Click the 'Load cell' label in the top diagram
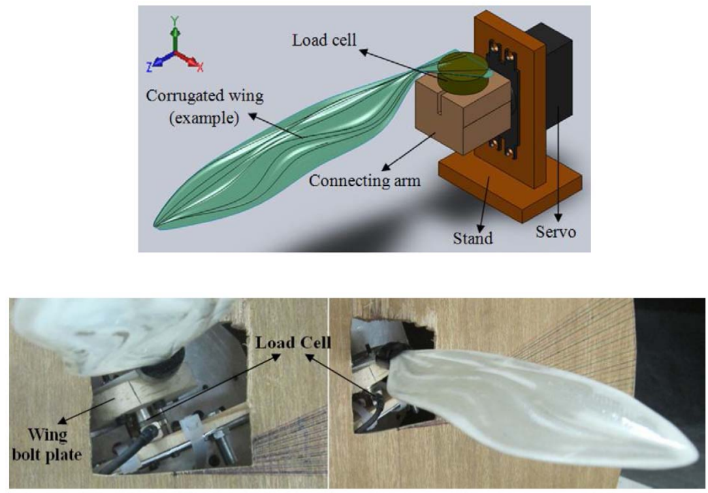(x=324, y=40)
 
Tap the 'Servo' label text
(x=555, y=232)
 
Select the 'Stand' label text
(x=473, y=238)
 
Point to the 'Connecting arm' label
(x=364, y=181)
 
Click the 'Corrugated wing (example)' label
(x=204, y=106)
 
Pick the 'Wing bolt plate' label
(x=47, y=445)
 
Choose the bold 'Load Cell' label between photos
(x=293, y=343)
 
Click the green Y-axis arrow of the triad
(x=175, y=34)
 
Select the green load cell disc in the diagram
(x=462, y=72)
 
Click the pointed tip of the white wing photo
(x=697, y=453)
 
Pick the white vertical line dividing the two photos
(x=329, y=393)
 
